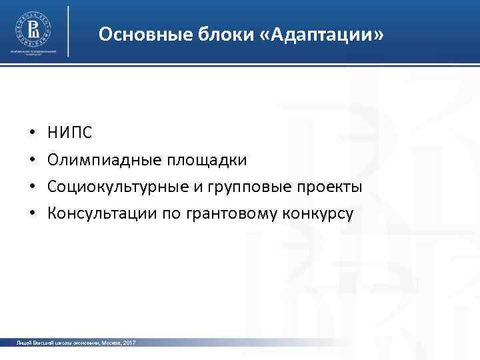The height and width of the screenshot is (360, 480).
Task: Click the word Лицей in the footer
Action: click(24, 342)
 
